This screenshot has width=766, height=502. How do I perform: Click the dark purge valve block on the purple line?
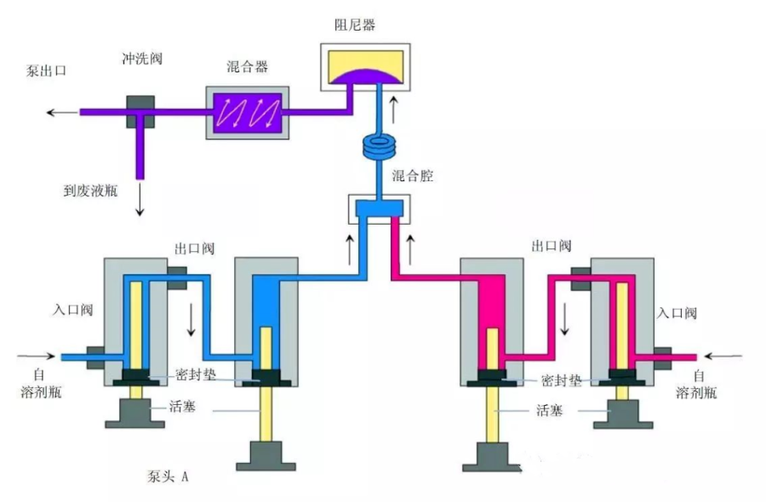click(140, 111)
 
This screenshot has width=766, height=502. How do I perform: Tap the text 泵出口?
click(47, 72)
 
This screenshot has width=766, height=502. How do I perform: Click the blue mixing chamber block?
click(375, 208)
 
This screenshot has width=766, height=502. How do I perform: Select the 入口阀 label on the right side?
click(677, 313)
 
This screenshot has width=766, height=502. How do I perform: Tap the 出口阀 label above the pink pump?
click(551, 246)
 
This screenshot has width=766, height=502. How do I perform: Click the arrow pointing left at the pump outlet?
click(60, 111)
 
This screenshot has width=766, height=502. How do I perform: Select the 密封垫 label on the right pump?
click(562, 380)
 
